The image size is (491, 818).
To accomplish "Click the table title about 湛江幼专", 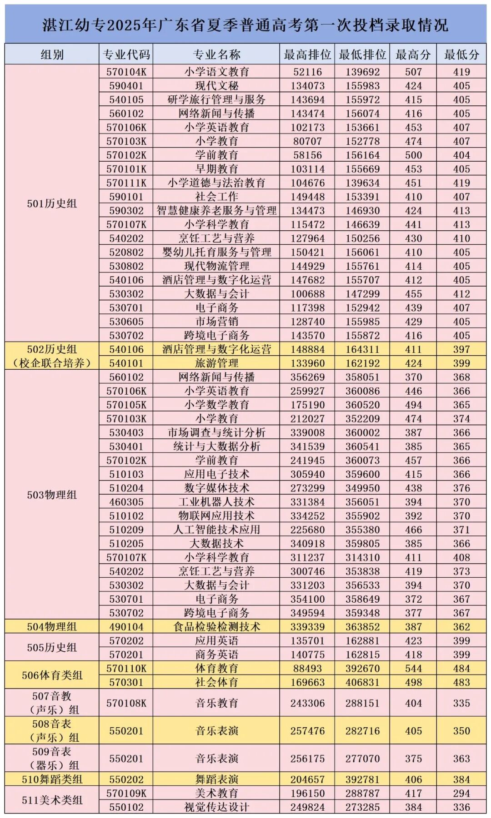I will (x=245, y=25).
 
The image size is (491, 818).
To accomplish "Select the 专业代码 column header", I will (x=126, y=55).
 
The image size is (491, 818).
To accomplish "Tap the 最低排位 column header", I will (x=362, y=55).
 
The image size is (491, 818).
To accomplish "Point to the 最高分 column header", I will (x=413, y=55).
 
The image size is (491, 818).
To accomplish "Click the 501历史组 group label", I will (x=52, y=203).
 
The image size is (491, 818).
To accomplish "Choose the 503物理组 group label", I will (x=52, y=495).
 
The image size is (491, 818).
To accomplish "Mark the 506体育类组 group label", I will (x=52, y=675).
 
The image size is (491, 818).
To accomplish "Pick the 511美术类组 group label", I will (x=52, y=800).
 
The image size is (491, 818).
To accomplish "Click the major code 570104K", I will (x=126, y=72).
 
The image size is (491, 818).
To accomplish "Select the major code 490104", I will (x=126, y=627).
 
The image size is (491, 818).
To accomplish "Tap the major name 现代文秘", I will (x=216, y=86).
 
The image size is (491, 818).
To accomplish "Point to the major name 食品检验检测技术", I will (x=216, y=627).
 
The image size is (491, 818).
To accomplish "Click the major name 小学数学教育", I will (x=216, y=405).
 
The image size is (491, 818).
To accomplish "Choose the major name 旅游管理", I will (x=216, y=363).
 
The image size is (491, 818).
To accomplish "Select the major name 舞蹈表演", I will (x=216, y=779).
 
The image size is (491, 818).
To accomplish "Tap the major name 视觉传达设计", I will (x=216, y=807).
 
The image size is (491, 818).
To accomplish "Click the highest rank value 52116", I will (x=307, y=72).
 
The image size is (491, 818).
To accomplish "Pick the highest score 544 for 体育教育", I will (x=413, y=669).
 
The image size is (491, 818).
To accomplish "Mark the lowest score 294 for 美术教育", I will (x=461, y=793).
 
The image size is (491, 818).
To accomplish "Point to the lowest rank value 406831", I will (x=362, y=682).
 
